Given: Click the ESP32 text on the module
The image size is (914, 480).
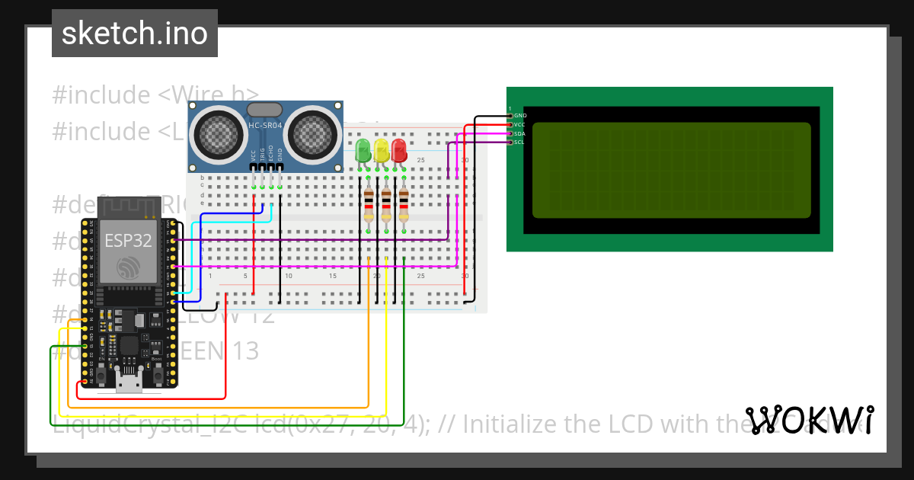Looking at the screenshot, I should click(x=128, y=241).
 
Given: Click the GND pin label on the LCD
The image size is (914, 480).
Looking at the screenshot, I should click(x=521, y=116).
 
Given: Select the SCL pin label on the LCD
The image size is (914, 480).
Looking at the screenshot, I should click(x=519, y=142).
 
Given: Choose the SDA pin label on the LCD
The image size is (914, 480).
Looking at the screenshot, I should click(x=519, y=133).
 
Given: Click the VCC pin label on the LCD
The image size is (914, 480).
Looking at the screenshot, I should click(x=519, y=124).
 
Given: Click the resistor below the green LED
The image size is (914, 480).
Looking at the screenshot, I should click(x=369, y=205).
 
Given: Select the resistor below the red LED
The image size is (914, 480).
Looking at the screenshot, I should click(x=404, y=205).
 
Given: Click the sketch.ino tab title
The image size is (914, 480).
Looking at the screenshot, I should click(x=135, y=34).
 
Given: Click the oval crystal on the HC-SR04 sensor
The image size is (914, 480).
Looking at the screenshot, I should click(x=265, y=111).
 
